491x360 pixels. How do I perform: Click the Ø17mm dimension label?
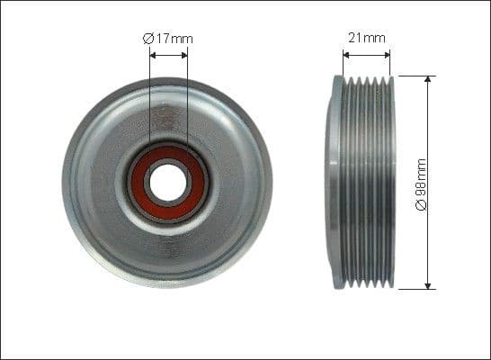click(x=169, y=39)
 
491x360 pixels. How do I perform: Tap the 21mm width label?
click(x=367, y=38)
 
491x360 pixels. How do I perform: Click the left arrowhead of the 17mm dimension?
click(x=153, y=54)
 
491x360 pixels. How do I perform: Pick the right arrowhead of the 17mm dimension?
click(x=185, y=54)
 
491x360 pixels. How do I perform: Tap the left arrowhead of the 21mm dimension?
click(x=346, y=55)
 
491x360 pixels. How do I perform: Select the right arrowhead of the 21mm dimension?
click(x=388, y=55)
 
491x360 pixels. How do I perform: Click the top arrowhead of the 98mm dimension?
click(x=427, y=81)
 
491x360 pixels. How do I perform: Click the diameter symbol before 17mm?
click(x=149, y=39)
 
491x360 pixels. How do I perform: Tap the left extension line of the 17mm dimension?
click(x=149, y=99)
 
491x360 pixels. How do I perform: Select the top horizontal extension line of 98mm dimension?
click(x=414, y=76)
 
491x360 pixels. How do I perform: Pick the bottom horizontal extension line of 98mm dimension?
click(x=414, y=290)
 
